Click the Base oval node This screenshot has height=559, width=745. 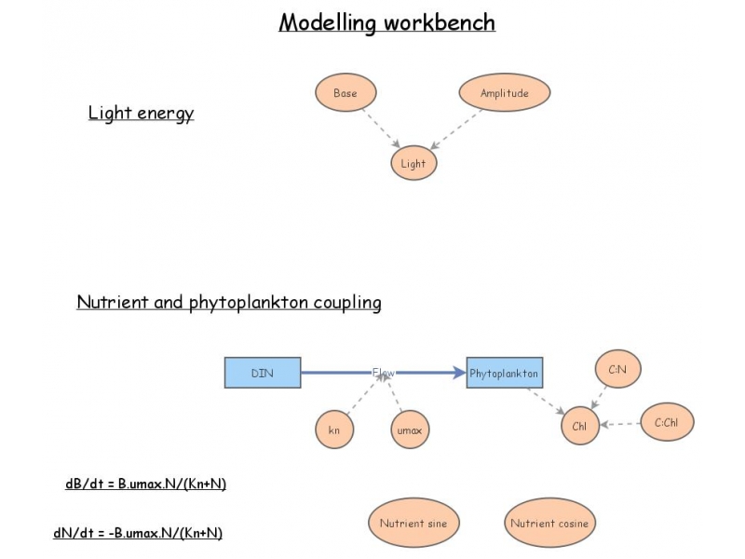[x=345, y=93]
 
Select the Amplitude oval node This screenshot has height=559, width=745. [x=504, y=93]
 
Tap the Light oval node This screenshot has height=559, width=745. [x=413, y=164]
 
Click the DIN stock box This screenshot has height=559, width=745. [x=263, y=373]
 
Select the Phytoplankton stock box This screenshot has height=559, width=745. [x=505, y=373]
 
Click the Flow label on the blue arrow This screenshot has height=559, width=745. [x=384, y=373]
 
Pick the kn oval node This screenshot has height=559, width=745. [x=334, y=429]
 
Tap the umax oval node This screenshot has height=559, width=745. [x=411, y=429]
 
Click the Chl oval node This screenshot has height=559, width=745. [x=580, y=426]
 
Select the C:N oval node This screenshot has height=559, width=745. [x=617, y=370]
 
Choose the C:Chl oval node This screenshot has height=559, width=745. [x=667, y=423]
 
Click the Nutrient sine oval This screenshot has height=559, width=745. [x=413, y=524]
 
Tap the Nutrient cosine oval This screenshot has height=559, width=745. [x=549, y=524]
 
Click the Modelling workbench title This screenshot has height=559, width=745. [x=386, y=22]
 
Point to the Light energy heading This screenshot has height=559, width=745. [x=141, y=113]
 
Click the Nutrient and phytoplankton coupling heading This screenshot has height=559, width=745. [x=228, y=303]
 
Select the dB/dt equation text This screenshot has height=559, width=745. [x=146, y=484]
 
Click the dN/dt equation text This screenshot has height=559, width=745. [x=138, y=533]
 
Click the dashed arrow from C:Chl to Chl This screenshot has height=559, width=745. [x=621, y=425]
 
